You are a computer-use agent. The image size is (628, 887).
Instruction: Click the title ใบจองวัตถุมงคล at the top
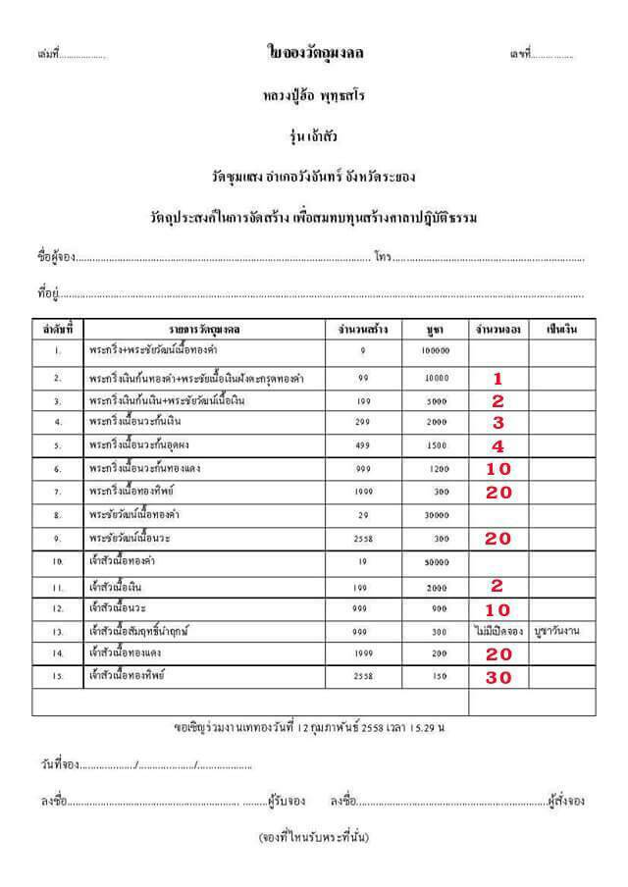(314, 52)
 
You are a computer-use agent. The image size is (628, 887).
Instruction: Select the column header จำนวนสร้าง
(362, 330)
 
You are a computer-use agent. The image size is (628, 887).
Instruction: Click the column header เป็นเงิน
(554, 330)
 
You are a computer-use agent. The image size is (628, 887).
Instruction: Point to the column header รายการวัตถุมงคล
(203, 330)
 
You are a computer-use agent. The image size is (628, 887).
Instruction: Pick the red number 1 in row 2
(497, 378)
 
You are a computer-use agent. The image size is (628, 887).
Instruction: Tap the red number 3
(497, 423)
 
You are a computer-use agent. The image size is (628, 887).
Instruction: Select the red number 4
(497, 445)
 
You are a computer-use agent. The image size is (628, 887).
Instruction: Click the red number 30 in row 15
(498, 677)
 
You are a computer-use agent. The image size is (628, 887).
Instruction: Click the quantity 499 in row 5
(362, 445)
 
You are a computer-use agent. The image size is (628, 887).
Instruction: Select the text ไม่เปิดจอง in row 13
(497, 631)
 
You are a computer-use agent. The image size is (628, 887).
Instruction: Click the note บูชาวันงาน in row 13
(554, 631)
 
